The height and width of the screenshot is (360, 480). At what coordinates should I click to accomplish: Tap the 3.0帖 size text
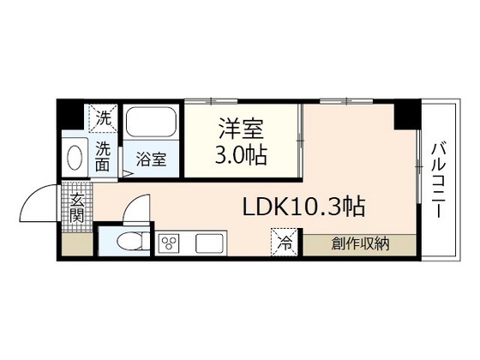click(241, 156)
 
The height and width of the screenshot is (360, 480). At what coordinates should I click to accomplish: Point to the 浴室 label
click(153, 159)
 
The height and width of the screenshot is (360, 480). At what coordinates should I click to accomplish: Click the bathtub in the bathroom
click(151, 123)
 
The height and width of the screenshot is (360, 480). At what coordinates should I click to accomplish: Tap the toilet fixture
click(126, 242)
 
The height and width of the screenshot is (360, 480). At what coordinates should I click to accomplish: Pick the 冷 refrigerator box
click(284, 242)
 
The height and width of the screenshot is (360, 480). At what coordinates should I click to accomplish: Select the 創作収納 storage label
click(360, 243)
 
